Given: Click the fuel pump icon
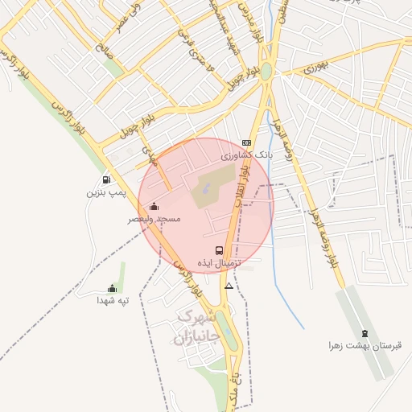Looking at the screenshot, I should click(106, 179).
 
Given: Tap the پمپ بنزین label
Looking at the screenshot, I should click(106, 193).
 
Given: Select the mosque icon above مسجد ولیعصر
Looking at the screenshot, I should click(154, 206).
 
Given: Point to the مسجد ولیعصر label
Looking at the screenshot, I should click(154, 219).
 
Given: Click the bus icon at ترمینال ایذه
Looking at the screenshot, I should click(220, 250).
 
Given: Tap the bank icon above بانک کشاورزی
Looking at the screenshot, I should click(246, 142).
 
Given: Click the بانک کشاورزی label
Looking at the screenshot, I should click(249, 153).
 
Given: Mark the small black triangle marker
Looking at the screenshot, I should click(229, 286).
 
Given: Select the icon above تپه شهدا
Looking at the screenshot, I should click(112, 288).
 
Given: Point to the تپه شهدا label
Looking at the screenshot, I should click(113, 300).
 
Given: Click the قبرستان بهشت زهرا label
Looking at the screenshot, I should click(364, 345).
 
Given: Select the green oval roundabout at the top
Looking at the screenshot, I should click(266, 71).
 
